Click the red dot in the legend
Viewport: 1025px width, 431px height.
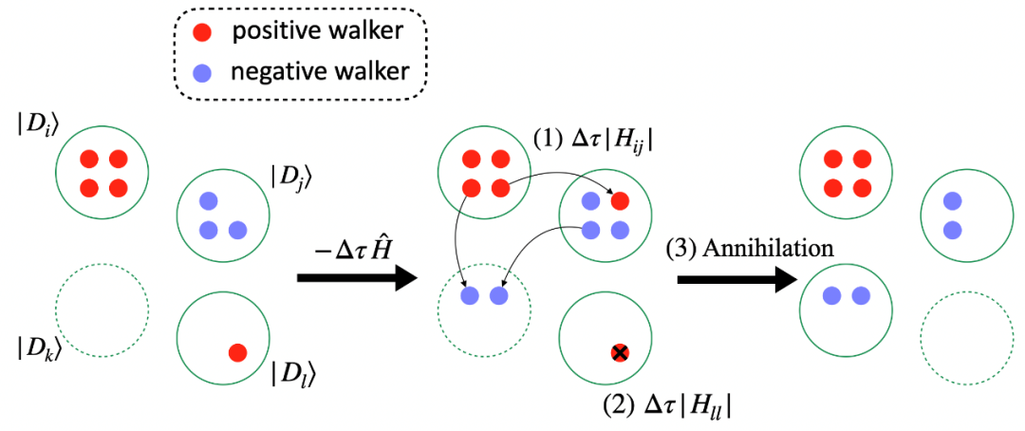point(204,32)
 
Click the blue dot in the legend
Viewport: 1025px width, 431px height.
point(204,72)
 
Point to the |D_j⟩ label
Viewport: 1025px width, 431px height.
point(290,176)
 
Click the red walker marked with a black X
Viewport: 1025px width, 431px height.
point(619,353)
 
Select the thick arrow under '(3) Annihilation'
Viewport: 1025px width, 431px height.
point(738,279)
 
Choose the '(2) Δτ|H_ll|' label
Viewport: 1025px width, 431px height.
point(670,409)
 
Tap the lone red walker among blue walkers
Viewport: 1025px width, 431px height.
point(619,199)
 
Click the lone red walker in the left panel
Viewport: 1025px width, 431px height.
point(237,353)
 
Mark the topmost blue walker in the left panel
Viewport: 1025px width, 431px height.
point(209,199)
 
